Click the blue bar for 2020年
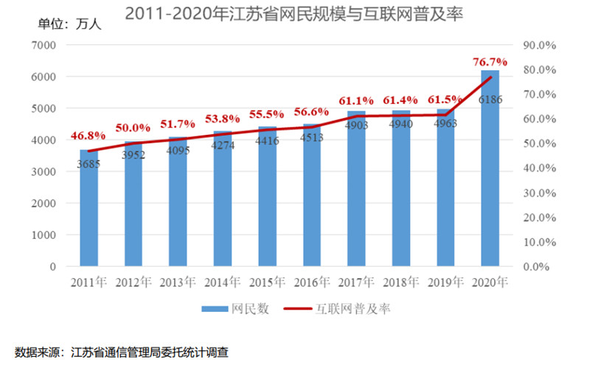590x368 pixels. point(490,170)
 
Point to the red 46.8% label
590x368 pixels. point(88,136)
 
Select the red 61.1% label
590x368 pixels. point(356,100)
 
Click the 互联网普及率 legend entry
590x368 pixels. point(339,309)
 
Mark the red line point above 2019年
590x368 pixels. point(445,114)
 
